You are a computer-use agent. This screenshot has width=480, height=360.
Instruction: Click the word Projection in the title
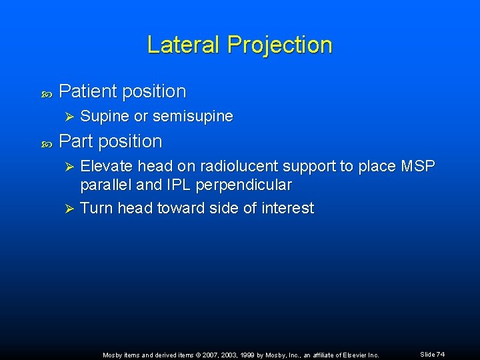click(279, 45)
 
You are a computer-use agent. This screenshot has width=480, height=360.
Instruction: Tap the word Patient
click(87, 91)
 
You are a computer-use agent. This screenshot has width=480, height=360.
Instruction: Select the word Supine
click(105, 117)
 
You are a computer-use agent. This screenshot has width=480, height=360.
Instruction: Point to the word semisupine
click(193, 117)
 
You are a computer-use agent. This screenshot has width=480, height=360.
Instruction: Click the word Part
click(75, 141)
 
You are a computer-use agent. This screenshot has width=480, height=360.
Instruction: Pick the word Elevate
click(106, 166)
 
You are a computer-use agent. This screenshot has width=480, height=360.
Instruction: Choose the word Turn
click(96, 208)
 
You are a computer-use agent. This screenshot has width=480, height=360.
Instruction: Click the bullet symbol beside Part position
click(46, 143)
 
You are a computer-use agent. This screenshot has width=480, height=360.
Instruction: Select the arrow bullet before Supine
click(66, 117)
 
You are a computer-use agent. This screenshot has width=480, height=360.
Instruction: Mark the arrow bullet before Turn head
click(66, 208)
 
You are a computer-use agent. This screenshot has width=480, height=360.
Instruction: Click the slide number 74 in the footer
click(441, 354)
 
